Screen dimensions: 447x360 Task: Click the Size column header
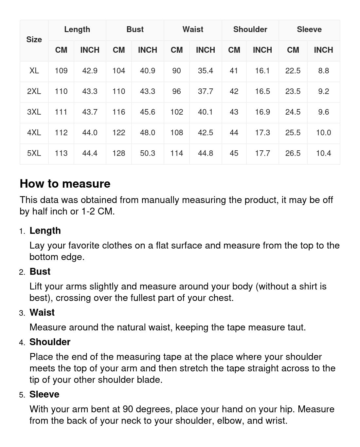(x=34, y=40)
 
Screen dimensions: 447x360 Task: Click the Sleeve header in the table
(x=309, y=29)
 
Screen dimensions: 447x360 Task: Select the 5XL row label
(x=34, y=153)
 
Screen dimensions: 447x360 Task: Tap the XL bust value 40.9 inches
(x=148, y=71)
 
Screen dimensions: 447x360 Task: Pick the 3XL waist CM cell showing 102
(x=176, y=112)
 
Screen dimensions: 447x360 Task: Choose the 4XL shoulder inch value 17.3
(x=262, y=133)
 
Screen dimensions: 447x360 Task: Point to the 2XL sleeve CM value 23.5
(x=293, y=91)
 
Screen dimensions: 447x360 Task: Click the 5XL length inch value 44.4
(x=90, y=153)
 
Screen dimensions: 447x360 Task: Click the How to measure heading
(x=65, y=184)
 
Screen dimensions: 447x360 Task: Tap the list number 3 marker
(x=22, y=313)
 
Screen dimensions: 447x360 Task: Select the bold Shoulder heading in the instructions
(x=50, y=342)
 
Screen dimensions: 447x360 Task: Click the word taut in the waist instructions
(x=296, y=327)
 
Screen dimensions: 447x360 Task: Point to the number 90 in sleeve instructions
(x=128, y=409)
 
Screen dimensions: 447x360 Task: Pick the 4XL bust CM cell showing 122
(x=118, y=133)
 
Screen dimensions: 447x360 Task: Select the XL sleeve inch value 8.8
(x=323, y=71)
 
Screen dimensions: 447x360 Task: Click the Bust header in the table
(x=135, y=29)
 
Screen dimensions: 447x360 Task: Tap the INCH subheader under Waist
(x=205, y=50)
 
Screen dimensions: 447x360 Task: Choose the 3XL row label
(x=34, y=112)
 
